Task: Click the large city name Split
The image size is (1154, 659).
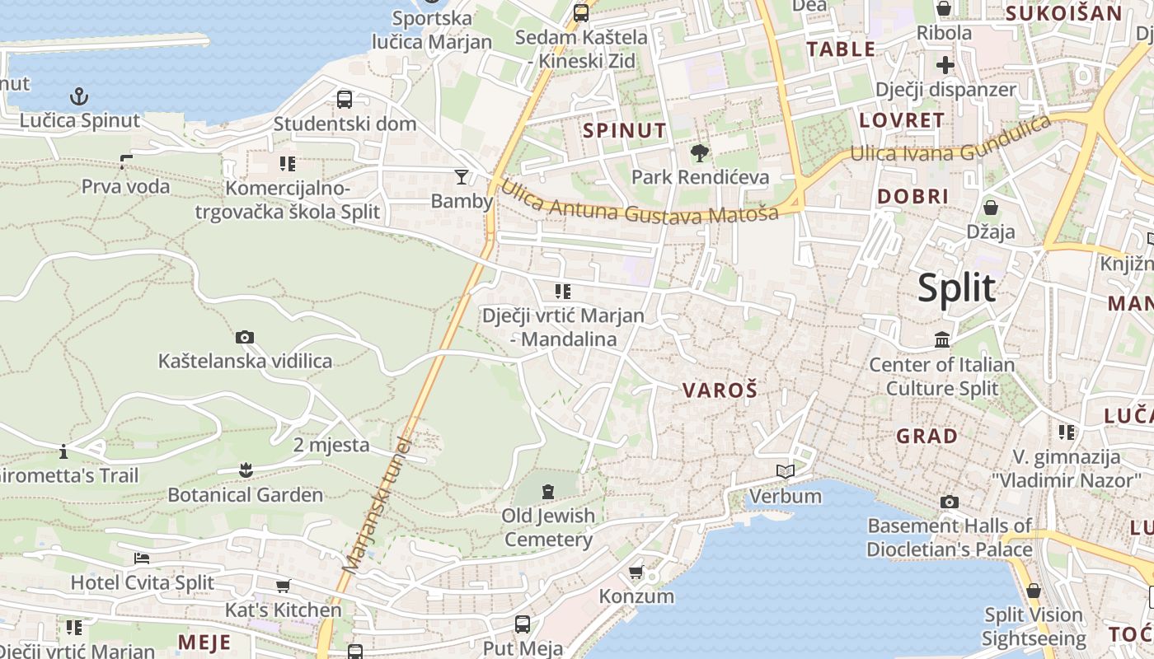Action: tap(956, 288)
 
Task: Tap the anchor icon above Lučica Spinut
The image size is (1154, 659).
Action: tap(79, 97)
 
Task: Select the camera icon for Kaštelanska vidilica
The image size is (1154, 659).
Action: tap(244, 337)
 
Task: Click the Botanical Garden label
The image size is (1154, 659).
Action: tap(245, 495)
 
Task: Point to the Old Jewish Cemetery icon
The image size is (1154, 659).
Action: tap(548, 492)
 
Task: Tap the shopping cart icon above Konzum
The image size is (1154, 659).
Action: tap(636, 572)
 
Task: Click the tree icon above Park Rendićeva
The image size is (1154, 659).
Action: tap(700, 152)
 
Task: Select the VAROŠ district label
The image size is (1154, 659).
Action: tap(720, 390)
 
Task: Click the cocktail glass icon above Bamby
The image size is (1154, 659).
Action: tap(462, 176)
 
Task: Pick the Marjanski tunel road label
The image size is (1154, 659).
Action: tap(375, 507)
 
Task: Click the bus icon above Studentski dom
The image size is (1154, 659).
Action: tap(345, 100)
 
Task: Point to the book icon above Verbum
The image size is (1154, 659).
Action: tap(786, 472)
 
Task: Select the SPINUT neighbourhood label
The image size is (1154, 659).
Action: tap(624, 130)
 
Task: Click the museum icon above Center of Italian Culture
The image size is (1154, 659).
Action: tap(942, 339)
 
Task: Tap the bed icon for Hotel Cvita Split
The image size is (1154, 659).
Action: tap(142, 558)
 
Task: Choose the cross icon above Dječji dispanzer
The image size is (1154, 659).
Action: tap(945, 65)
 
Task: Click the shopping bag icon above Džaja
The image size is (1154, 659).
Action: tap(990, 208)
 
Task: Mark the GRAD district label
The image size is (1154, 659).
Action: tap(927, 436)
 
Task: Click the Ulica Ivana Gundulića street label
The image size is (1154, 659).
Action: tap(950, 140)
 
